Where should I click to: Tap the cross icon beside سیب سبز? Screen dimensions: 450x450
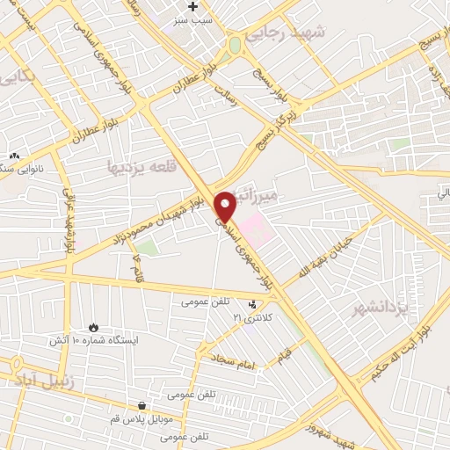point(192,6)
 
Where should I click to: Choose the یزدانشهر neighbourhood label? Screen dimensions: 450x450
point(381,308)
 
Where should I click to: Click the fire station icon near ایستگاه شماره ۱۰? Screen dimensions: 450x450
point(94,326)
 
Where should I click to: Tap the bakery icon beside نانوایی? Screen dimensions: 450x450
point(14,156)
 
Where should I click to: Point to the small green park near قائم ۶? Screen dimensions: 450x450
point(149,247)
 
